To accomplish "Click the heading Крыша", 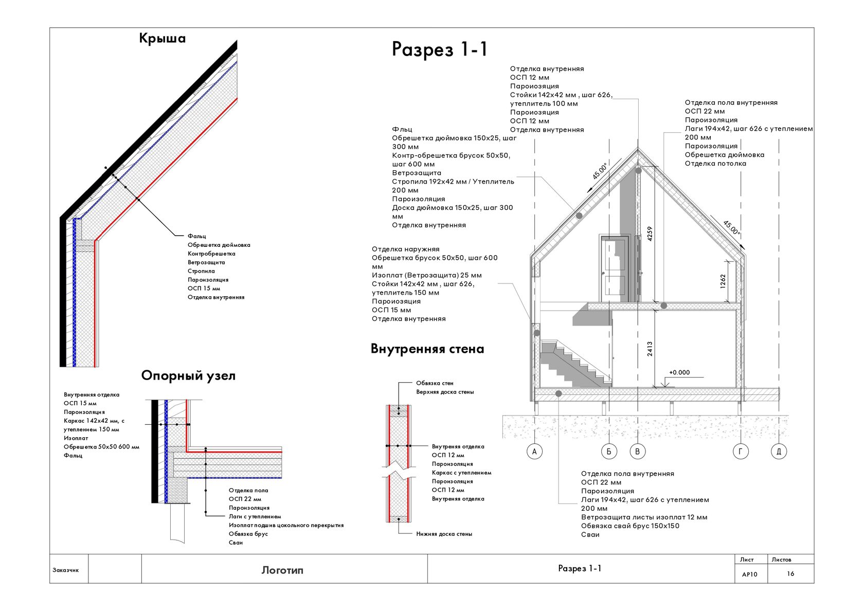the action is (162, 39).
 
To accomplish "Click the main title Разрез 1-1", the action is (439, 49).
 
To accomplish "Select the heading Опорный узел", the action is (188, 376).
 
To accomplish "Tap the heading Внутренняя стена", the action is (427, 349).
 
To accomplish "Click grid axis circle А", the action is (534, 452).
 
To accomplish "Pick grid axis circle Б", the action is (609, 452).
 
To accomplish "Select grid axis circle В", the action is (638, 452).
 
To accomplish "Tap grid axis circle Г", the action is (741, 452).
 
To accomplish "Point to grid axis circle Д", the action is (779, 452).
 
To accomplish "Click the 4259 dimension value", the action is (650, 234).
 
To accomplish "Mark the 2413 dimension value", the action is (650, 349).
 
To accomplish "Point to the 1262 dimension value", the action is (723, 281).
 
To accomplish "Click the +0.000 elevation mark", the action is (679, 373).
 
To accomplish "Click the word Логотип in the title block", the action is (282, 570).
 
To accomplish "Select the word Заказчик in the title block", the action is (66, 570).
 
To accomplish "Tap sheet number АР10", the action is (750, 574).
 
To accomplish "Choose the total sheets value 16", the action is (790, 573).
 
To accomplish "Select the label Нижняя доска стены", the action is (444, 534).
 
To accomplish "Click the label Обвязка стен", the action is (435, 383).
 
